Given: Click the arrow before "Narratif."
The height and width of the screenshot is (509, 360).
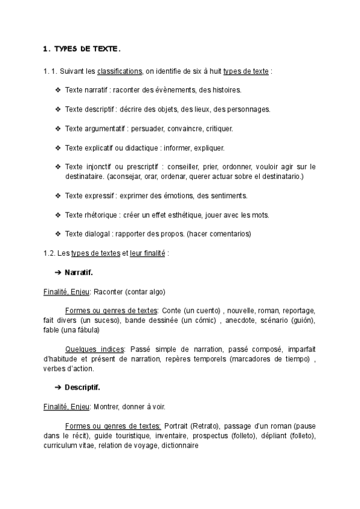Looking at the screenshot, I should click(58, 273).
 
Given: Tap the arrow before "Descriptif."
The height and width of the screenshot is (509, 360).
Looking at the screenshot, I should click(58, 387).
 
